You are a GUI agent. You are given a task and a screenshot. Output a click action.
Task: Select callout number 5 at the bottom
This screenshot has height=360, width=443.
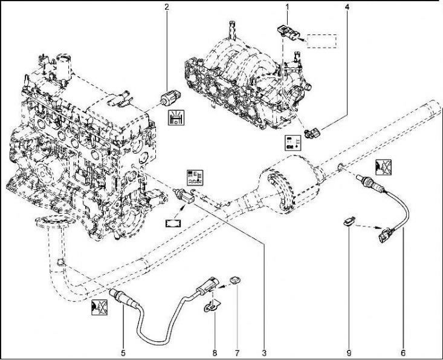[x=123, y=352]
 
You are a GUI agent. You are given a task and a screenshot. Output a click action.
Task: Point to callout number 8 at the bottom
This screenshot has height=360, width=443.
[x=215, y=352]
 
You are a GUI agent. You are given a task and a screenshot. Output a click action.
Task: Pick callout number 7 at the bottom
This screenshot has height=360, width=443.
[x=238, y=352]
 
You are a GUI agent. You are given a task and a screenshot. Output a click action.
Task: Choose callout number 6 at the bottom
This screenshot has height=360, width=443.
[x=403, y=352]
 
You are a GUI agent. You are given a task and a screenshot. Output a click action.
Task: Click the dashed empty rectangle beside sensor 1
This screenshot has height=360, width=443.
[x=322, y=41]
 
